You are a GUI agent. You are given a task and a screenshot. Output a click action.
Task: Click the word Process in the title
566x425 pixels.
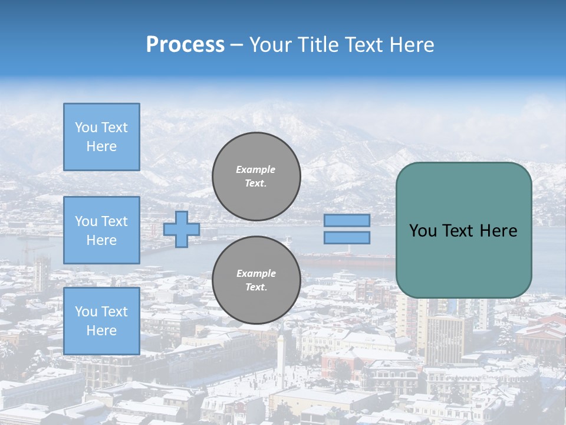185,45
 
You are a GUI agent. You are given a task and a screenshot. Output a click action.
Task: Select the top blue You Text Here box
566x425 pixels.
101,137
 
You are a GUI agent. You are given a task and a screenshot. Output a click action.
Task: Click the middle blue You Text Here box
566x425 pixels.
101,230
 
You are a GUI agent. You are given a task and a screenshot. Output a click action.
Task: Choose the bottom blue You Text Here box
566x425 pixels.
101,321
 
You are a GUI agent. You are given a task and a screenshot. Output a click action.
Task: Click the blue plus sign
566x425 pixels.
182,229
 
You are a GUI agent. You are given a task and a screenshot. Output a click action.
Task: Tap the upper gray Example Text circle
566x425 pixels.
256,176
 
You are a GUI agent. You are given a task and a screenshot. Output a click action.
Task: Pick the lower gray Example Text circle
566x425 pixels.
256,280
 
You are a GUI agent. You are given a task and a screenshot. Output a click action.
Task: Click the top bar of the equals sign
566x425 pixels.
347,220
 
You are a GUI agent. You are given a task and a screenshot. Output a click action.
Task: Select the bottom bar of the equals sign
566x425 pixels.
347,238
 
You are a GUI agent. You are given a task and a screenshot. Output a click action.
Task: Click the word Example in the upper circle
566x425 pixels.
256,169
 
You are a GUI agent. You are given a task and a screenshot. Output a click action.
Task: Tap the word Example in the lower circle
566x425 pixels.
256,273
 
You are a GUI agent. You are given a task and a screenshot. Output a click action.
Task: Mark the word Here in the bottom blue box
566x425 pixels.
101,331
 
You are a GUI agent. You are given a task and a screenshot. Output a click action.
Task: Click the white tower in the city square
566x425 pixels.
282,357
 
